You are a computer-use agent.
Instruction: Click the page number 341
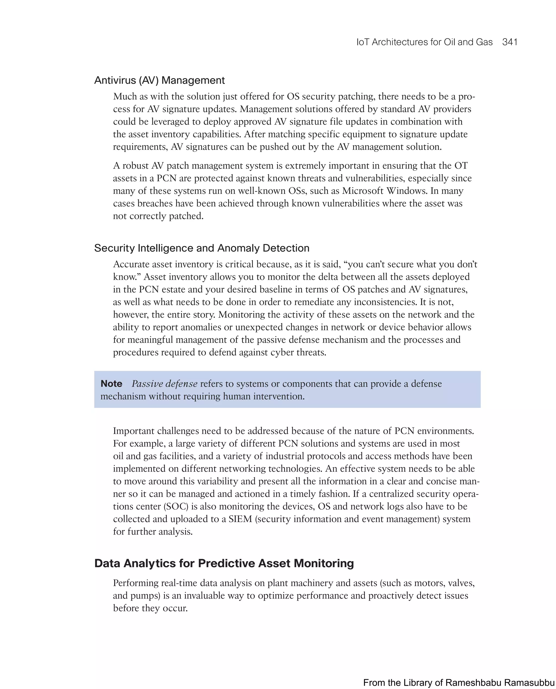510,42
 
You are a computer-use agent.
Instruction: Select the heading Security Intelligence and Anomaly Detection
201,248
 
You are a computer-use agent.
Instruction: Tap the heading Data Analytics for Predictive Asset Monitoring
224,563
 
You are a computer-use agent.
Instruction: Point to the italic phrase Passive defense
164,384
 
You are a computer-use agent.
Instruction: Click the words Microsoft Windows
385,191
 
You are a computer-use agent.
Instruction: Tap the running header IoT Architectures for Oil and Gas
424,42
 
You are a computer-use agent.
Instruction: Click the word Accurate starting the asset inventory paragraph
131,264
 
